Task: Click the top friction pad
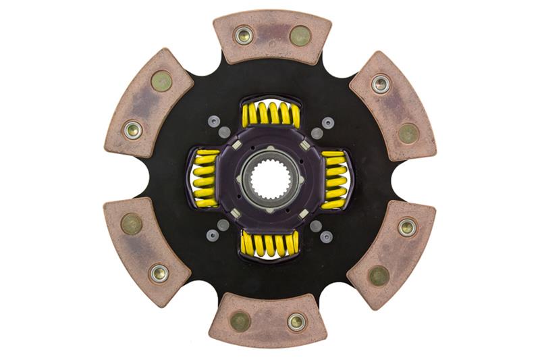point(272,37)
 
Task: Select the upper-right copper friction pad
point(394,104)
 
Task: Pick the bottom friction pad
point(269,320)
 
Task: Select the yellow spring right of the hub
point(335,178)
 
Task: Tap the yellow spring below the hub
point(270,245)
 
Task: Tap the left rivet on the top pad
point(244,35)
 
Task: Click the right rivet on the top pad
point(300,36)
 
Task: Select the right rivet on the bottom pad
point(296,322)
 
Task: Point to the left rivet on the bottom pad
point(240,322)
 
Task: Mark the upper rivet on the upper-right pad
point(381,84)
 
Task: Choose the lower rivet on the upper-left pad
point(133,129)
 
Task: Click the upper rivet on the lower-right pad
point(407,228)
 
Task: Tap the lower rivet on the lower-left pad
point(159,273)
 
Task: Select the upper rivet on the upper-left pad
point(161,81)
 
